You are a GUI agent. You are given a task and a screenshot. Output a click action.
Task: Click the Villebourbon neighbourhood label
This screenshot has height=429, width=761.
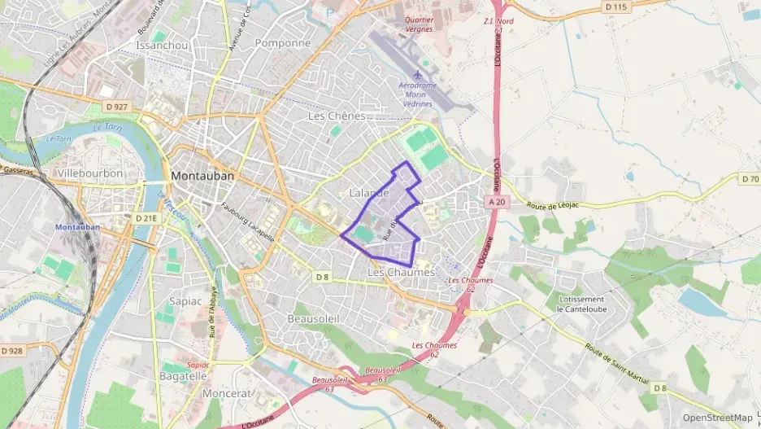[x=90, y=173]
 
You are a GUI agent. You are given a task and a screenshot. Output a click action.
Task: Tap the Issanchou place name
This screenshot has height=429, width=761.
[x=163, y=45]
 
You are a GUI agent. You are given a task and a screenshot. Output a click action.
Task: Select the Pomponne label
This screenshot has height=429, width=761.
[x=283, y=43]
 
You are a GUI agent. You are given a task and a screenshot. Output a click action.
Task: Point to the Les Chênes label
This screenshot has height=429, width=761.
[x=337, y=116]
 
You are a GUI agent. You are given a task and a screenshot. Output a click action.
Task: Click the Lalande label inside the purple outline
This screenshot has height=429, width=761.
[x=369, y=193]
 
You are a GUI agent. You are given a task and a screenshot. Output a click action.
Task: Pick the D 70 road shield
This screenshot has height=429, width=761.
[x=750, y=178]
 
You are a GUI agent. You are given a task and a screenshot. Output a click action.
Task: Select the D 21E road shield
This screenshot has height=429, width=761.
[x=146, y=218]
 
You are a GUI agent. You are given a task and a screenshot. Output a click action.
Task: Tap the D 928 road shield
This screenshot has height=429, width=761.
[x=12, y=350]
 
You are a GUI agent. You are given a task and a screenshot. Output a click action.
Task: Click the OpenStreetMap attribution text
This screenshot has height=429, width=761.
[x=717, y=418]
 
